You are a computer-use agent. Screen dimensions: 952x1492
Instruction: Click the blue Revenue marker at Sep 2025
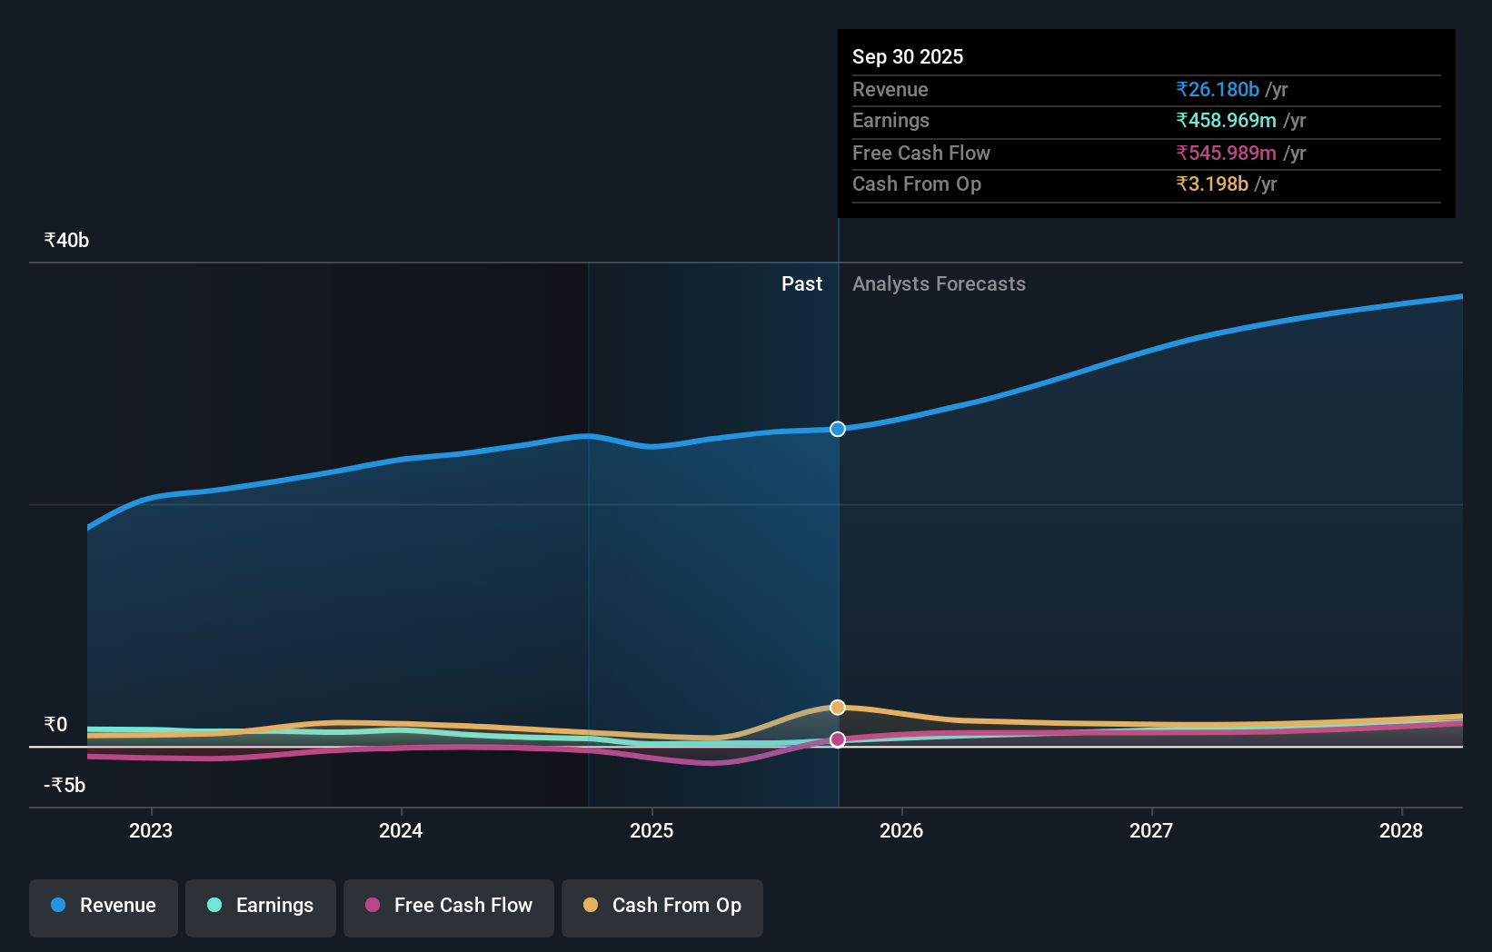tap(838, 429)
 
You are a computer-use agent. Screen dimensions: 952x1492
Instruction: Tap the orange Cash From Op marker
tap(838, 707)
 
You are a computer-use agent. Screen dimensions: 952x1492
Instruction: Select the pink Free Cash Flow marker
tap(838, 739)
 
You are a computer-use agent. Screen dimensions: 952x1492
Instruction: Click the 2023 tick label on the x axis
tap(151, 830)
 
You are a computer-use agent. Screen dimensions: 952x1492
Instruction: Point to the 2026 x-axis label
tap(901, 830)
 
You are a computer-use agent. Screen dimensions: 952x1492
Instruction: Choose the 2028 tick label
tap(1401, 830)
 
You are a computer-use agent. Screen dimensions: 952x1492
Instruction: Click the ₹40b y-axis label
tap(66, 240)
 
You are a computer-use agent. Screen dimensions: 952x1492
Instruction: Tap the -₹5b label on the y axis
tap(65, 785)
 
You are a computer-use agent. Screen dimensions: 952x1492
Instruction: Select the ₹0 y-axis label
tap(55, 724)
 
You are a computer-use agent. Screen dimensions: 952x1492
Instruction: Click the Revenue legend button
tap(104, 906)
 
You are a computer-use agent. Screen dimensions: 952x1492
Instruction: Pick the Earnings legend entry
tap(261, 906)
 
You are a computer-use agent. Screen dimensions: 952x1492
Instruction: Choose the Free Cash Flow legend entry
tap(449, 906)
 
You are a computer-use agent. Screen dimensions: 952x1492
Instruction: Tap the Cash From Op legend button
tap(662, 906)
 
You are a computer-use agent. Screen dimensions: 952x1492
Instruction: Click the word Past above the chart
tap(801, 283)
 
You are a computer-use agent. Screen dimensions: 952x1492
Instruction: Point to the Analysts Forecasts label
tap(939, 283)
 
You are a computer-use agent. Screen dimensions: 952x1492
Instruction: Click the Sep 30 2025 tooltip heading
tap(908, 56)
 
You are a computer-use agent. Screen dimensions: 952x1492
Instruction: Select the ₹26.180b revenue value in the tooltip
tap(1218, 89)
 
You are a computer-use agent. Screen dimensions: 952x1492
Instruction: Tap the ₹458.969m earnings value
tap(1226, 120)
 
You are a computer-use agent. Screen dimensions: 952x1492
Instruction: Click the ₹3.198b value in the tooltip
tap(1212, 183)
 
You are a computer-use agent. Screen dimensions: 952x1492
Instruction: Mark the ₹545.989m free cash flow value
tap(1226, 153)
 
